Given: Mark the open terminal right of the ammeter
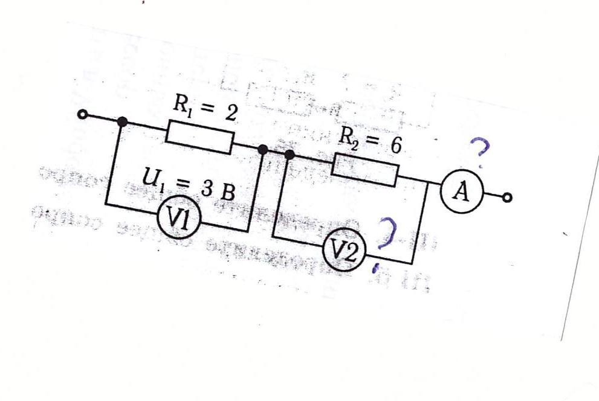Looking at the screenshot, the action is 508,197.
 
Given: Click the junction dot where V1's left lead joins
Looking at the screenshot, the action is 123,123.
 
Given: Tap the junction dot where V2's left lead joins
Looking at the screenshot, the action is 290,155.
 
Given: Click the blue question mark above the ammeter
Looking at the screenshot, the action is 479,151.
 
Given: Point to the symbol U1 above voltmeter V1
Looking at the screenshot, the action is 151,178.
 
